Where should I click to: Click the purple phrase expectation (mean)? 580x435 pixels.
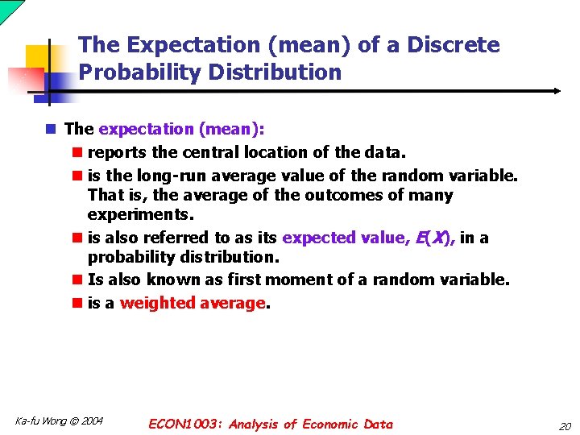click(x=181, y=129)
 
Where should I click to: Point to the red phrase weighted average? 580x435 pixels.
click(x=193, y=303)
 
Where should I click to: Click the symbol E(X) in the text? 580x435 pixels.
click(x=433, y=238)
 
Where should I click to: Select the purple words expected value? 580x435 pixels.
click(x=342, y=238)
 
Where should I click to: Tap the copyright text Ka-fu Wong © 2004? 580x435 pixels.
click(x=59, y=421)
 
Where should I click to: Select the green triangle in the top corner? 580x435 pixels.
click(x=6, y=7)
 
